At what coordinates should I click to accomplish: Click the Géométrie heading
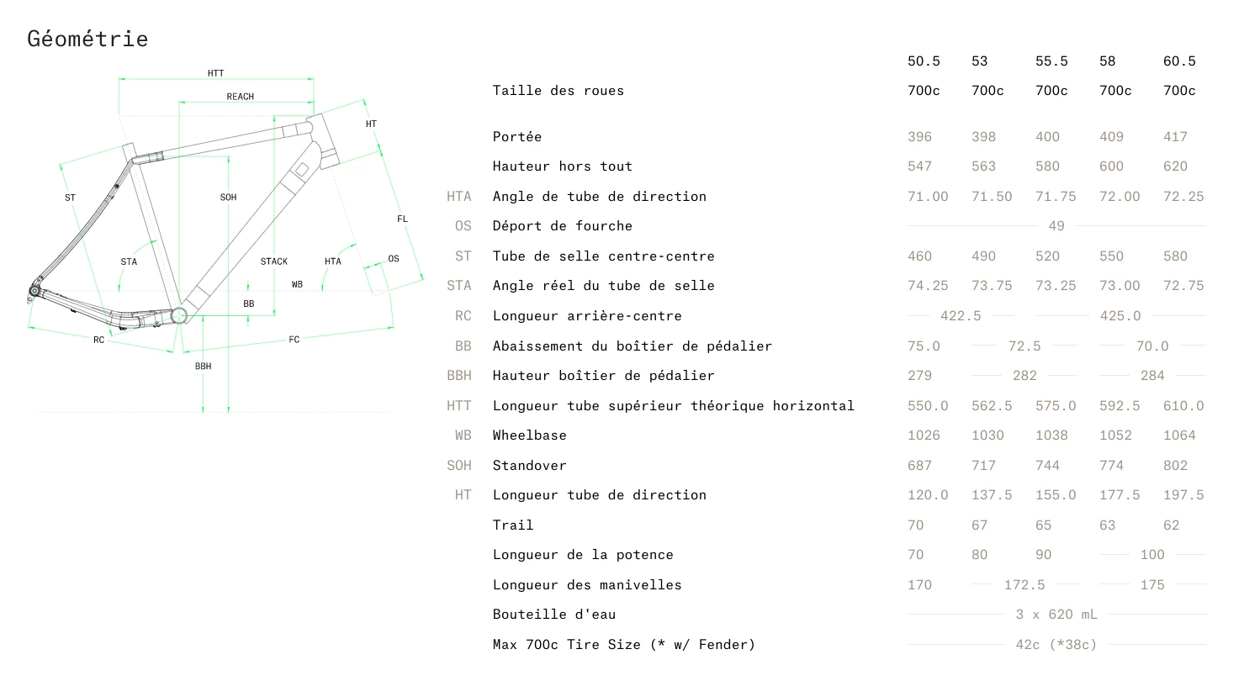(87, 39)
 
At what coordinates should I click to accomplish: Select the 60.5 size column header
(1178, 61)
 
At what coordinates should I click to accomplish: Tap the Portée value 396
(919, 137)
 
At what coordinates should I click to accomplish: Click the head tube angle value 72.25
(1183, 197)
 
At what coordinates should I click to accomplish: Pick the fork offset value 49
(1056, 226)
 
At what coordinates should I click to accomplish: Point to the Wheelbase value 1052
(1115, 436)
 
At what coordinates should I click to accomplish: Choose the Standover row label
(529, 466)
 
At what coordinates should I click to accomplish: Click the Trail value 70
(915, 525)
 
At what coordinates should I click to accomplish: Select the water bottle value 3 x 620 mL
(1056, 615)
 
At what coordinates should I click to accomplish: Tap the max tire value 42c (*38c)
(1056, 645)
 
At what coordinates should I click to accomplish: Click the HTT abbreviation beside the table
(458, 406)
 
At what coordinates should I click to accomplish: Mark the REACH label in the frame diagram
(240, 97)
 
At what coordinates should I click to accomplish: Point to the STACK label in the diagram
(273, 261)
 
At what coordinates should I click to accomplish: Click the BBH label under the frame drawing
(203, 367)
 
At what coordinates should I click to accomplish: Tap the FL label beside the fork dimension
(402, 219)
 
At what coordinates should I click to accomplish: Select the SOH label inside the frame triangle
(228, 198)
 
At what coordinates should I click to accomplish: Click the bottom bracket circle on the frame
(178, 315)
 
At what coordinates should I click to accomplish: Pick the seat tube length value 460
(919, 256)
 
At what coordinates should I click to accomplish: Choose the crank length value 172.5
(1024, 585)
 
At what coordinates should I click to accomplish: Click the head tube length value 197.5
(1183, 495)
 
